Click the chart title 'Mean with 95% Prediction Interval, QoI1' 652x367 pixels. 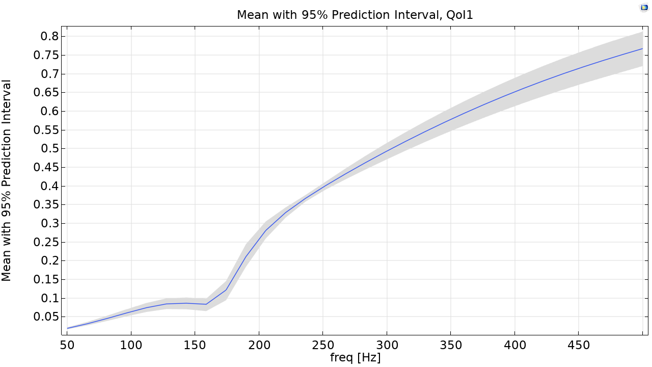(x=355, y=15)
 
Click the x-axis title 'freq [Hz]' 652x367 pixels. (x=355, y=358)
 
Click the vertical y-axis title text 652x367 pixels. (x=7, y=180)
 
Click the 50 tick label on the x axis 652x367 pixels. (x=67, y=345)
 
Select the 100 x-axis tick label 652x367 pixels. (x=131, y=345)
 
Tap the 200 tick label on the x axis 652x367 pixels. (x=259, y=345)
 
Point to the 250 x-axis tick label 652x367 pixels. (x=323, y=345)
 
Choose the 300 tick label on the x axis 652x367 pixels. (x=387, y=345)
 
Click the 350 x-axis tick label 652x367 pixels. (x=451, y=345)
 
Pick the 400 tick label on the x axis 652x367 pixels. (x=514, y=345)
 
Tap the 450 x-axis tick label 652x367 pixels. (x=579, y=345)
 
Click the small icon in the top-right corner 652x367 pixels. (x=644, y=7)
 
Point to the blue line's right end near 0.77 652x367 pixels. (x=642, y=49)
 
